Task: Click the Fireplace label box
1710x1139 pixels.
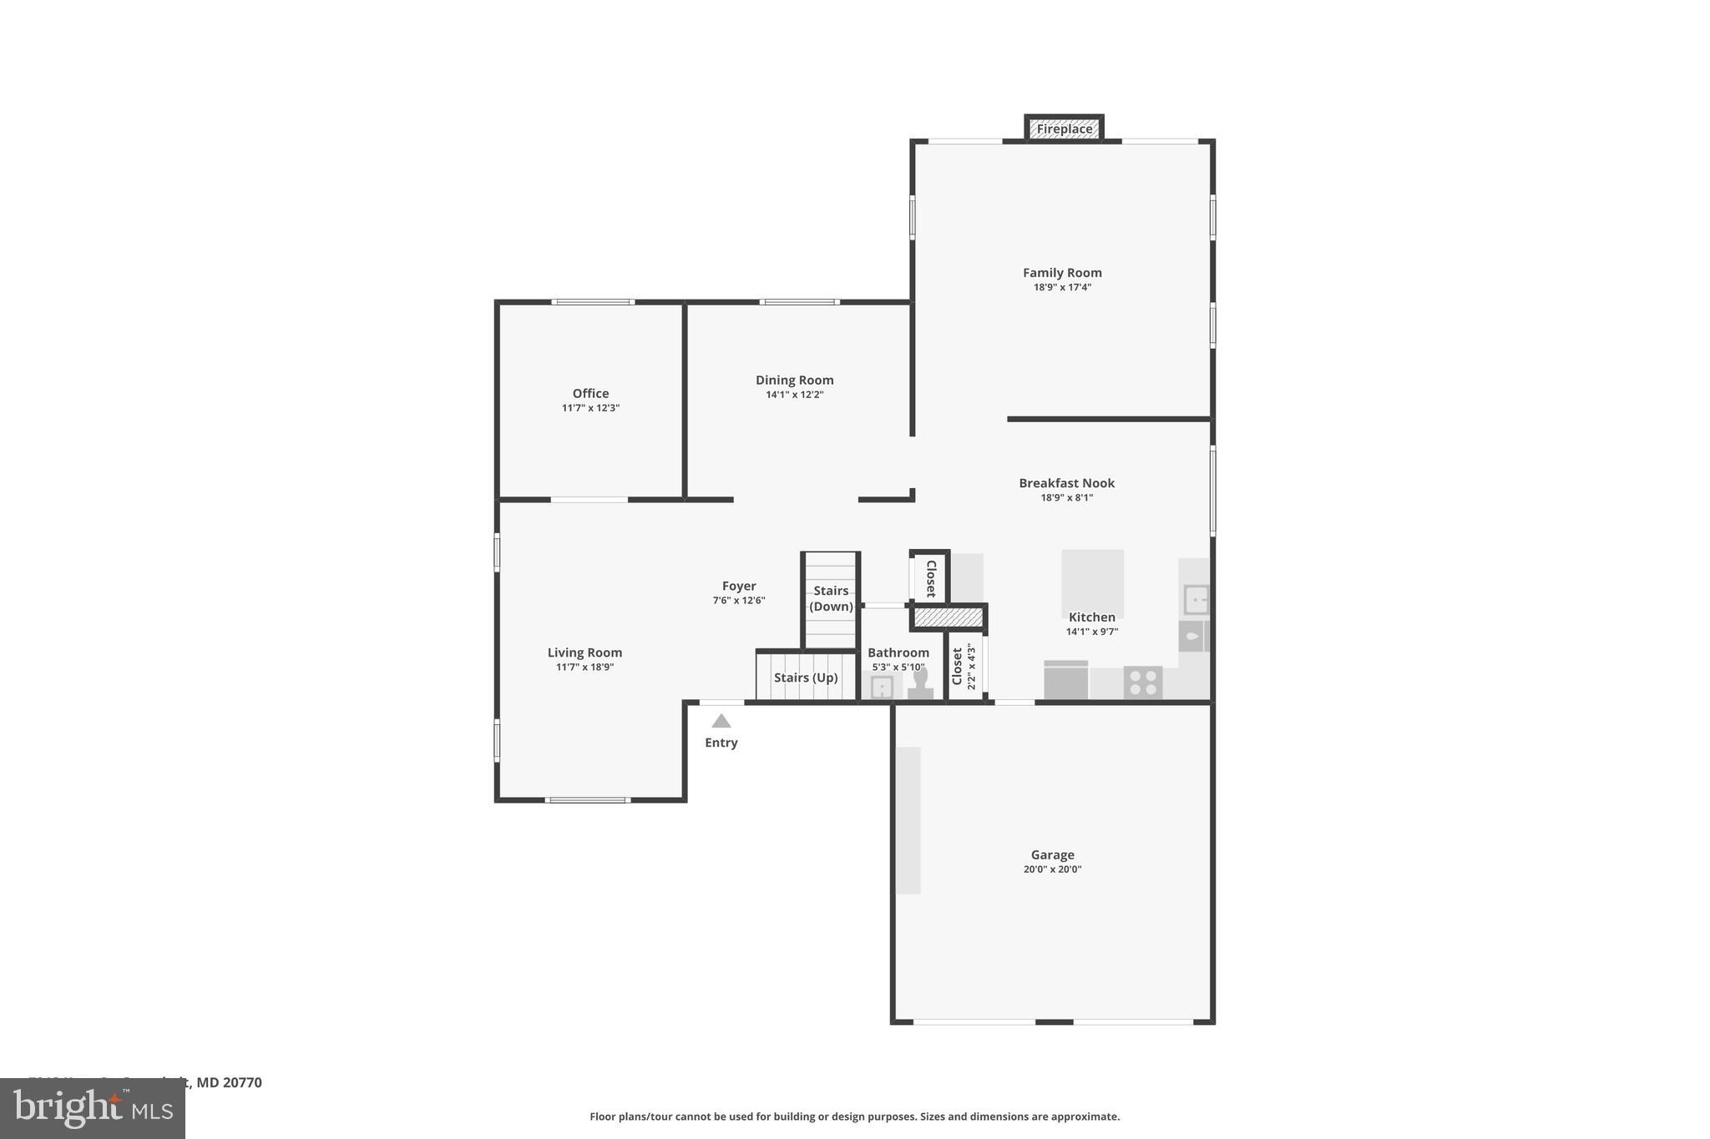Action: pyautogui.click(x=1064, y=129)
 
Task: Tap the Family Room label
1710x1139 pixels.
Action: pyautogui.click(x=1062, y=273)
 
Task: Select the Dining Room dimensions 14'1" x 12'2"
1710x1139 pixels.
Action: pyautogui.click(x=794, y=395)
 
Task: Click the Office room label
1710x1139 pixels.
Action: pyautogui.click(x=590, y=394)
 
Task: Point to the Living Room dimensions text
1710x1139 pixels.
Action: pyautogui.click(x=584, y=668)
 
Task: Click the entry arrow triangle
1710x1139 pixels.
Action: pyautogui.click(x=721, y=722)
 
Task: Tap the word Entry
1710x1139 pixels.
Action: pyautogui.click(x=721, y=743)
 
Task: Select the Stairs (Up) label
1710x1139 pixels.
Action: pyautogui.click(x=805, y=678)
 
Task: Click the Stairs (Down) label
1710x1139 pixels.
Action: pyautogui.click(x=831, y=598)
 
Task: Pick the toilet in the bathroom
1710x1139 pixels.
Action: pyautogui.click(x=920, y=682)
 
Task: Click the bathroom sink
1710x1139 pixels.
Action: pyautogui.click(x=882, y=687)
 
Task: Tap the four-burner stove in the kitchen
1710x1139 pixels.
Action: pyautogui.click(x=1142, y=682)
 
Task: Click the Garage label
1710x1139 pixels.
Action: pyautogui.click(x=1052, y=855)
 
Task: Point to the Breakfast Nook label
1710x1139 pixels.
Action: pyautogui.click(x=1066, y=483)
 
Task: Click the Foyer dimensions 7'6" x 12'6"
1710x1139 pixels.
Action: pyautogui.click(x=738, y=601)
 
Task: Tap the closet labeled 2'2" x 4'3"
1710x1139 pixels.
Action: pyautogui.click(x=964, y=666)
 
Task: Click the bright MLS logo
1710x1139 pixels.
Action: pyautogui.click(x=92, y=1108)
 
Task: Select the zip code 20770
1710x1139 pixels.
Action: pyautogui.click(x=242, y=1083)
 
